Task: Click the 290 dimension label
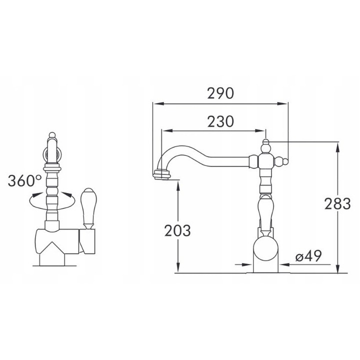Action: click(220, 93)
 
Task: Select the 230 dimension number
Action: click(220, 121)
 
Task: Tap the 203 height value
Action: click(177, 230)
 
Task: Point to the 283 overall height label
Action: click(337, 203)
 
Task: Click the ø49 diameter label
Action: click(308, 255)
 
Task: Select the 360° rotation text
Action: click(25, 180)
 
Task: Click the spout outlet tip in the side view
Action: click(162, 175)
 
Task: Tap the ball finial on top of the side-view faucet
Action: click(265, 141)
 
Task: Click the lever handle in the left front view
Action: click(89, 208)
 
